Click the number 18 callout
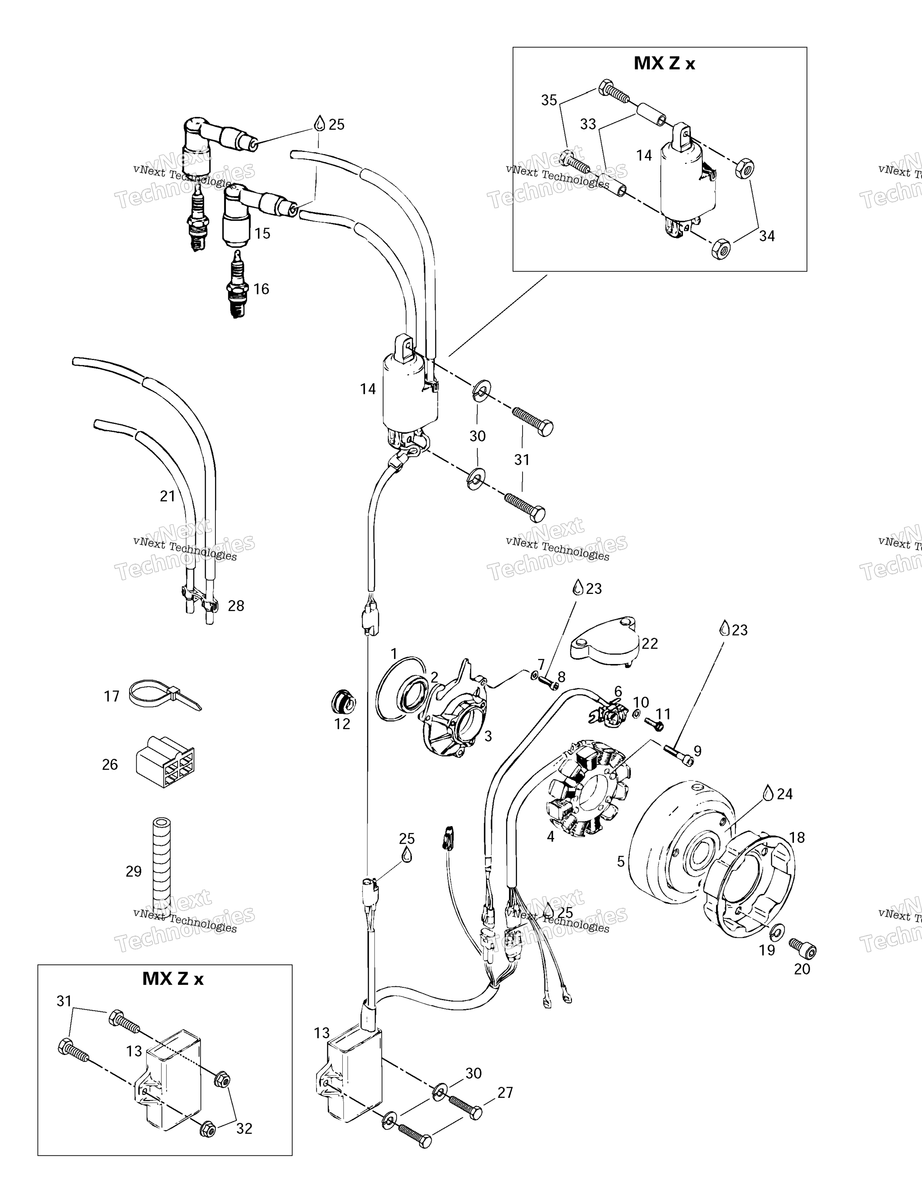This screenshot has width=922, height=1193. coord(797,837)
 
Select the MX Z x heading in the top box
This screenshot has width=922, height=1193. coord(664,63)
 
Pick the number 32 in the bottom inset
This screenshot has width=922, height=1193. coord(244,1128)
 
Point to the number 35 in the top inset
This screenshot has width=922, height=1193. coord(549,100)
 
